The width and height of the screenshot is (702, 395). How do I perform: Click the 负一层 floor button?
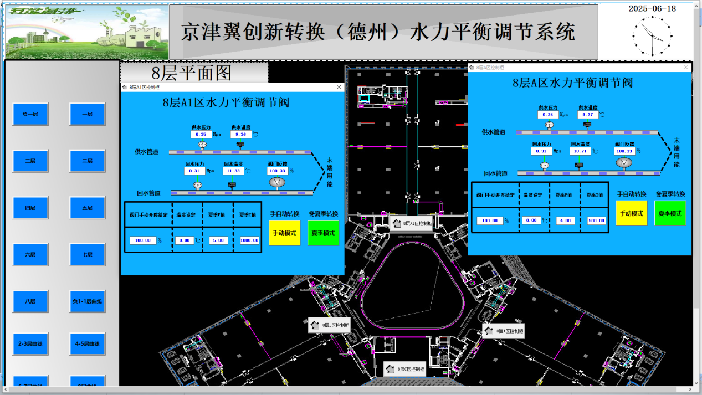[30, 114]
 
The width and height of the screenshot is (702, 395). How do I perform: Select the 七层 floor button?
[87, 254]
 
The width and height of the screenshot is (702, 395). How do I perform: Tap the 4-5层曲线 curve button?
[87, 343]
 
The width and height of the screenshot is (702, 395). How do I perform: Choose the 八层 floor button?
[30, 301]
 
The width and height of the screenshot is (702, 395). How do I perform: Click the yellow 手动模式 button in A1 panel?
[284, 233]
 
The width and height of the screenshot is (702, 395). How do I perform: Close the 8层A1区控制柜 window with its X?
[339, 87]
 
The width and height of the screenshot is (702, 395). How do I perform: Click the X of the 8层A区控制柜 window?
[686, 67]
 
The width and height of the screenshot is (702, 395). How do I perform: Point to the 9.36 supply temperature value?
[240, 134]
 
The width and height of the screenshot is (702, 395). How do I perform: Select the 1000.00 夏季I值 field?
[250, 240]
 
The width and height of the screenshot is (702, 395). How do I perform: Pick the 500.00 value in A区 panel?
[596, 220]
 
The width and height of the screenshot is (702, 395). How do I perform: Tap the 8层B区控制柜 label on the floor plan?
[329, 325]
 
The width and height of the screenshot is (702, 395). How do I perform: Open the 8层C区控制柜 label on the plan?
[404, 368]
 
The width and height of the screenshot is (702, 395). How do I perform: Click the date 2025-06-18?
[652, 8]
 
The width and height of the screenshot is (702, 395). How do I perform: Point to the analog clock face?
[652, 36]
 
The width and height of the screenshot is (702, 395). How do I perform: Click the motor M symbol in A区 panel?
[624, 162]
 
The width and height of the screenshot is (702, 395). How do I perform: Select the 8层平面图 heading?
[192, 73]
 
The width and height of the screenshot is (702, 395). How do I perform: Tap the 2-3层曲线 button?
[30, 343]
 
